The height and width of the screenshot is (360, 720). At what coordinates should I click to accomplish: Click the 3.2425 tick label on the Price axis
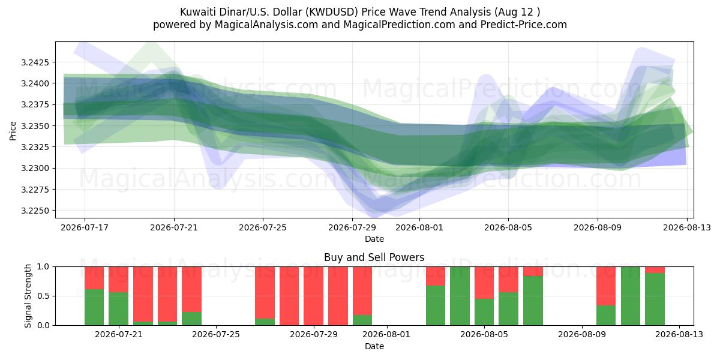[35, 62]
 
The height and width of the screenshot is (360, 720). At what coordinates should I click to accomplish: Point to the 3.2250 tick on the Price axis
[35, 211]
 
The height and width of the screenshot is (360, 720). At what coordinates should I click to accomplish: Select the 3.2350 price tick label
[35, 126]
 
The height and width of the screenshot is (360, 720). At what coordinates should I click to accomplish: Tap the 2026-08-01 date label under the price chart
[419, 227]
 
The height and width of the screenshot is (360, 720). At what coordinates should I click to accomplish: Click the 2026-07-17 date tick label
[85, 227]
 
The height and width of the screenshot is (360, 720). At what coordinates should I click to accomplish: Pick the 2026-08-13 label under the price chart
[687, 227]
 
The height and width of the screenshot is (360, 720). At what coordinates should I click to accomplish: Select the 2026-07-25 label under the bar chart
[216, 335]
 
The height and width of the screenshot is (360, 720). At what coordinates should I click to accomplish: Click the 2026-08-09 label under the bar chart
[582, 335]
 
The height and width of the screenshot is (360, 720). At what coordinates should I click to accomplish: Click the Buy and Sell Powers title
[374, 257]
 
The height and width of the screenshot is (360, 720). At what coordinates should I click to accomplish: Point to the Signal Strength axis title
[28, 296]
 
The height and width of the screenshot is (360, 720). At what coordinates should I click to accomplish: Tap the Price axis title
[13, 131]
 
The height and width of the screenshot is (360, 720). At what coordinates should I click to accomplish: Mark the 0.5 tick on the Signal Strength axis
[44, 296]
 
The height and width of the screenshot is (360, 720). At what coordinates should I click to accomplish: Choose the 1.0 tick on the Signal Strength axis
[44, 267]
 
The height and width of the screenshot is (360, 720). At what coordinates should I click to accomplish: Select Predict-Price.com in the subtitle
[524, 25]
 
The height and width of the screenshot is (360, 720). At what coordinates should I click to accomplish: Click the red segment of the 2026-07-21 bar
[119, 280]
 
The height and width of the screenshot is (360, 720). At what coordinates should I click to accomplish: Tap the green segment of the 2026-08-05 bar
[509, 308]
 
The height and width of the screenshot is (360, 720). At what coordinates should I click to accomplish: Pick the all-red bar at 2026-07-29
[314, 296]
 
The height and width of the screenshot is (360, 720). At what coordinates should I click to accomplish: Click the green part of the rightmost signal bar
[655, 299]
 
